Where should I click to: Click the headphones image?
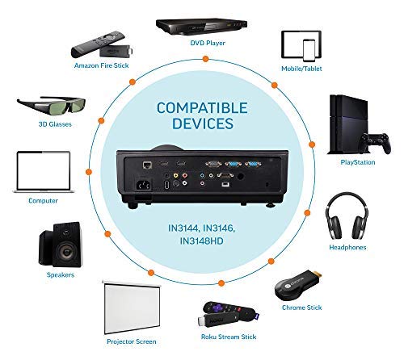point(347,218)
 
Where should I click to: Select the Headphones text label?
point(348,247)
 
